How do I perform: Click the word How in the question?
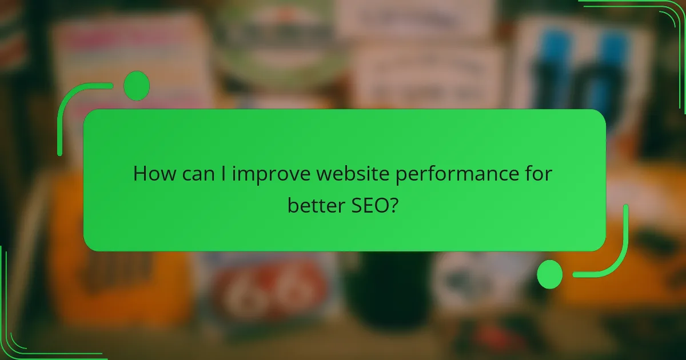coord(151,174)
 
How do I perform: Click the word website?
coord(343,174)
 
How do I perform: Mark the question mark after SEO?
coord(394,205)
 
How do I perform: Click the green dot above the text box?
coord(137,86)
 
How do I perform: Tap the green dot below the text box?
coord(550,274)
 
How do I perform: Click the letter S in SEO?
coord(352,205)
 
